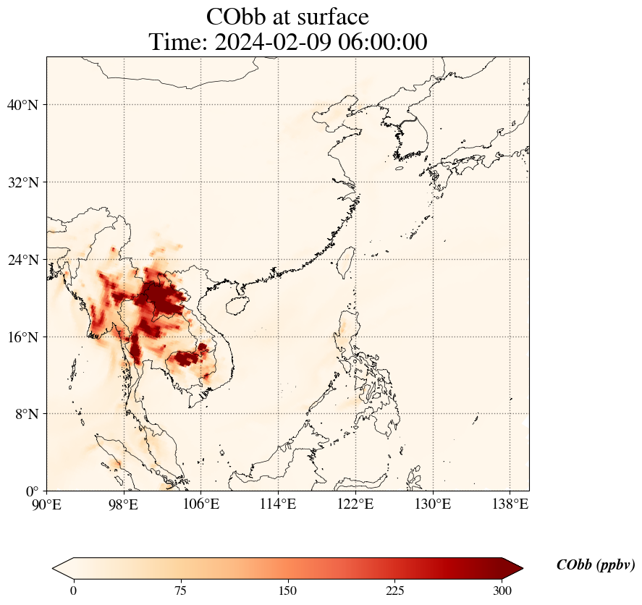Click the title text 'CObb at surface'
point(287,17)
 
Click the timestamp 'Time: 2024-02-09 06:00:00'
point(287,42)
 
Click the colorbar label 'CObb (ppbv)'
point(595,565)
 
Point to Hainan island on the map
point(236,303)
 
